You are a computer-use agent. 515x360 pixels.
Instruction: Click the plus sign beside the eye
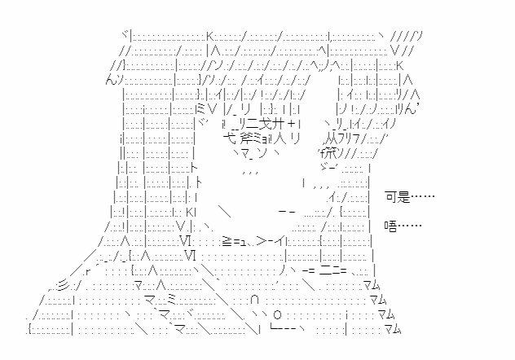(x=292, y=124)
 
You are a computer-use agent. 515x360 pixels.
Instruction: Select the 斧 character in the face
(x=245, y=138)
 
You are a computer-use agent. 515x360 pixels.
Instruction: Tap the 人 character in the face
(x=280, y=138)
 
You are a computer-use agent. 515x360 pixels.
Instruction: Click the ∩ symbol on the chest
(x=254, y=300)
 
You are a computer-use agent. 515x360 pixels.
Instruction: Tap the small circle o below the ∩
(x=278, y=315)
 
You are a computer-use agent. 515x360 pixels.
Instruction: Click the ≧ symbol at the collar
(x=227, y=241)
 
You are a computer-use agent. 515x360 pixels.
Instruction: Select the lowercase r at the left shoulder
(x=87, y=272)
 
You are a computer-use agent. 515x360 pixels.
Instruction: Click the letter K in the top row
(x=210, y=36)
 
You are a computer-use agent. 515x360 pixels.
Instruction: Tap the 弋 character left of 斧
(x=229, y=138)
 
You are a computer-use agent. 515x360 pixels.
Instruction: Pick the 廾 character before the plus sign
(x=279, y=124)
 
